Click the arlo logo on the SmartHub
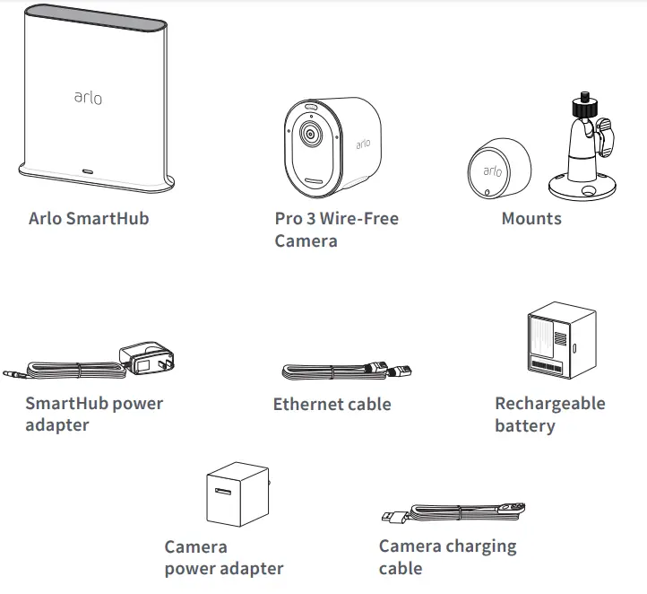point(87,96)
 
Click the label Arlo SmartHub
point(89,218)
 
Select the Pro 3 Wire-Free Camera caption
point(336,229)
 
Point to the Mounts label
point(531,218)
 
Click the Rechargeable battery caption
point(549,415)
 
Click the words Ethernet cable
point(332,404)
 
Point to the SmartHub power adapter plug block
point(143,357)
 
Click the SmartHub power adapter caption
point(94,414)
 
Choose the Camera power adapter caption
point(223,557)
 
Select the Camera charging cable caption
point(447,556)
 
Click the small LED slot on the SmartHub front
point(88,169)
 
